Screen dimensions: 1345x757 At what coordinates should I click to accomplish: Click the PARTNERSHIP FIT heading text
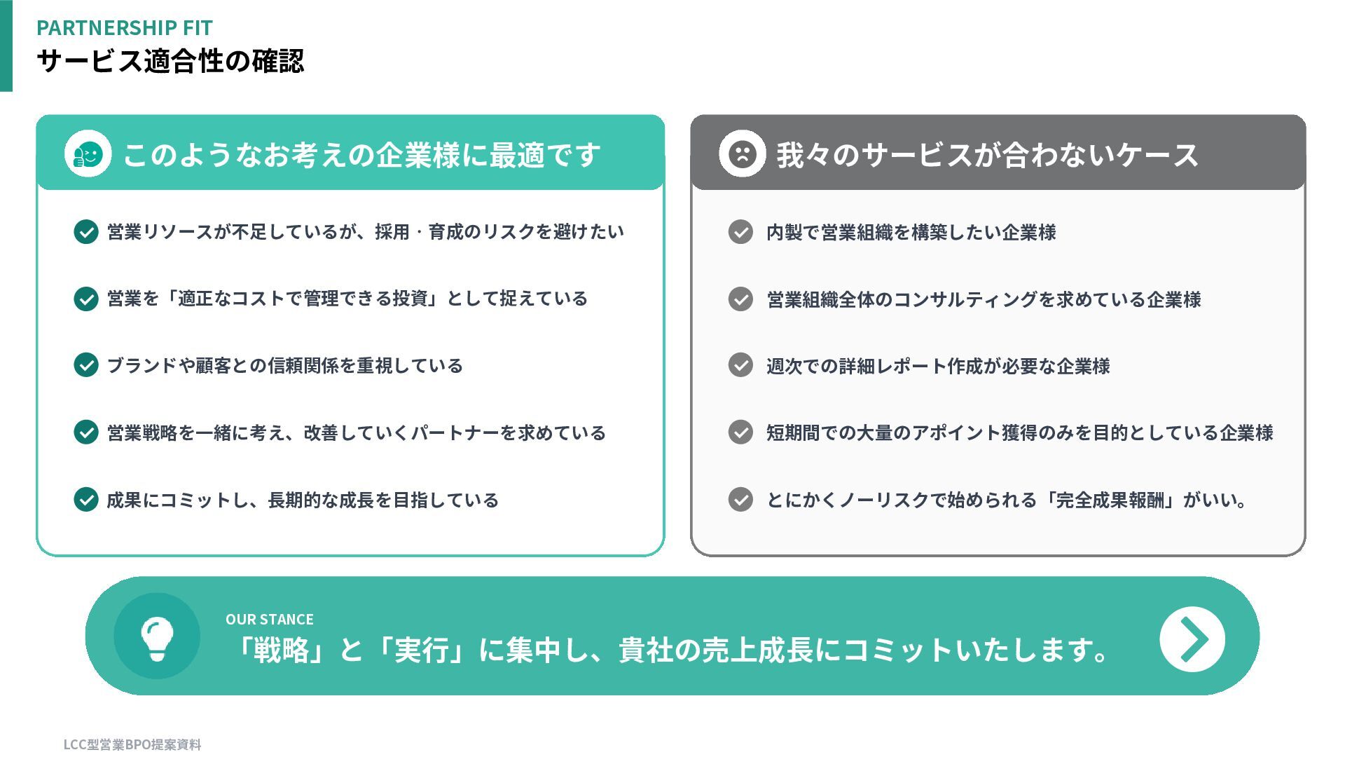124,27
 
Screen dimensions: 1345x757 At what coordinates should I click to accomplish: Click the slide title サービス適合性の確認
170,61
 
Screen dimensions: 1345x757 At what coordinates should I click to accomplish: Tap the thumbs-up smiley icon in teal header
88,154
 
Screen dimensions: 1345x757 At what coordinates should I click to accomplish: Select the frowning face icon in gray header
742,154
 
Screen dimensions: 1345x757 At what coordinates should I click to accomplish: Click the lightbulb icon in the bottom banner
157,636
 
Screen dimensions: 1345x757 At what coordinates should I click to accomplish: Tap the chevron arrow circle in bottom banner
1192,639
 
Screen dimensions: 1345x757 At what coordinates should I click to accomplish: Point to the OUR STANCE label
269,620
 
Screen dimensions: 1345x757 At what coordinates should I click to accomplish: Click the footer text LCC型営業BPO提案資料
132,744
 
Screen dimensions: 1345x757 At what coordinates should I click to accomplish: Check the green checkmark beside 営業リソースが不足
86,231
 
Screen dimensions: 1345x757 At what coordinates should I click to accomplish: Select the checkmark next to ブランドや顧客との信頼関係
86,365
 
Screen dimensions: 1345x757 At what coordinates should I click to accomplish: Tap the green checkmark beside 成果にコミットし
86,500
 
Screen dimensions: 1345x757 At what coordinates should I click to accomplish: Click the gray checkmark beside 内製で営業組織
740,231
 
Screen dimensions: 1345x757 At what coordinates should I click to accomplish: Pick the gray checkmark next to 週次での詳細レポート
740,365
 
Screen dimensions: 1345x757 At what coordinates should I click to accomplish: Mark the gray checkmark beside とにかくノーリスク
740,500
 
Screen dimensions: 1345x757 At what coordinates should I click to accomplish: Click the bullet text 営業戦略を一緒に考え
356,432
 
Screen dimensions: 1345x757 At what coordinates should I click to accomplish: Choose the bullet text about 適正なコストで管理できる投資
347,299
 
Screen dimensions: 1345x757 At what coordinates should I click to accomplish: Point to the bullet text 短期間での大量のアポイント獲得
1019,432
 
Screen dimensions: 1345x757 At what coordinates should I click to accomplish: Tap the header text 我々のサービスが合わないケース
987,155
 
